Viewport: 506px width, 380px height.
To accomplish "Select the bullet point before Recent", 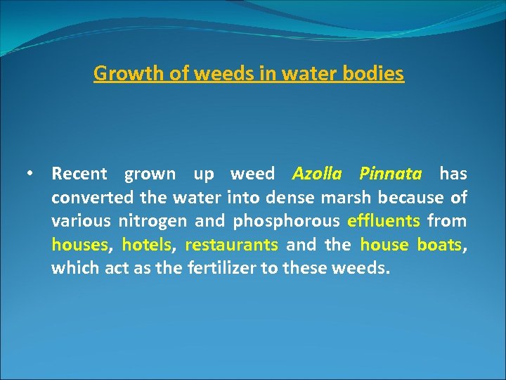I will tap(30, 173).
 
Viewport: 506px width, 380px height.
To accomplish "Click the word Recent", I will tap(79, 173).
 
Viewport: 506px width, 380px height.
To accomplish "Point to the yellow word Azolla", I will tap(316, 173).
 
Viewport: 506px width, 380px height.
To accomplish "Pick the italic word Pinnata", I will tap(390, 173).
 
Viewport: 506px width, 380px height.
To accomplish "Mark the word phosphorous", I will tap(286, 221).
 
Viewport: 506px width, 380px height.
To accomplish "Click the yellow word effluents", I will tap(384, 221).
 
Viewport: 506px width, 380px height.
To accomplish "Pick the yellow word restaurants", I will tap(231, 245).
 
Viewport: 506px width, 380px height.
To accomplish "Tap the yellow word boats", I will tap(439, 245).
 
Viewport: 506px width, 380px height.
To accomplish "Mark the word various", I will tap(81, 221).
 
